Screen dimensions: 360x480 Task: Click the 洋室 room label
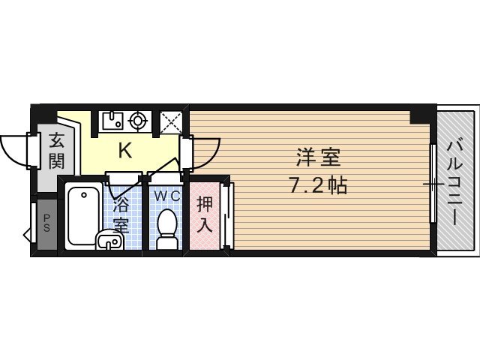318,158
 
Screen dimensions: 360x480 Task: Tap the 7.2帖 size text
318,185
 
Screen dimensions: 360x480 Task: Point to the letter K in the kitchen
124,151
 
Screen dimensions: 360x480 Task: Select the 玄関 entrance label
56,150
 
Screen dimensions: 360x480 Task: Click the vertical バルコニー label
454,180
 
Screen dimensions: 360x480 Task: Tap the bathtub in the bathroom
83,214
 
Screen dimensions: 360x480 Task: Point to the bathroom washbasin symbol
109,241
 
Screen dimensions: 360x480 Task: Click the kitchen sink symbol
113,120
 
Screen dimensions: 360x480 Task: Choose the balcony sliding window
433,183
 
